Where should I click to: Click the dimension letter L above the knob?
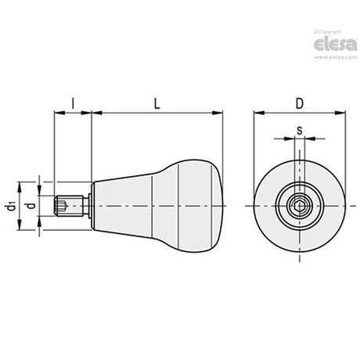click(157, 104)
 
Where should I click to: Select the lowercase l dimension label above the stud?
click(73, 104)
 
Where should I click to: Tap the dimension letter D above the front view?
click(300, 104)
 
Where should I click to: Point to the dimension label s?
click(300, 130)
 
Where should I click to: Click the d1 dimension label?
click(10, 206)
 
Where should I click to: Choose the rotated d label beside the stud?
click(31, 206)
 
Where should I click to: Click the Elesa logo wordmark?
click(336, 44)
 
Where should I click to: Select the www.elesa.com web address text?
click(336, 57)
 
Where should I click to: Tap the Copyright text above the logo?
click(327, 32)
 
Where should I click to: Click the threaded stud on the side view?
click(69, 206)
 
